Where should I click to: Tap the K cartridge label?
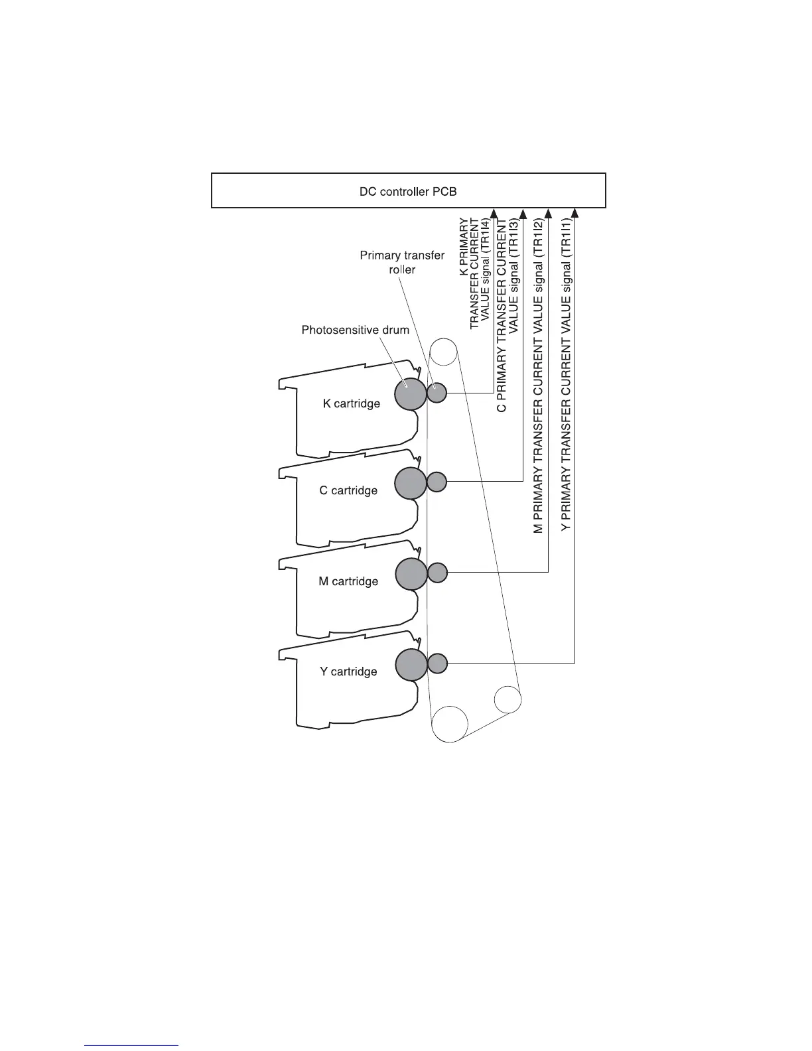coord(351,403)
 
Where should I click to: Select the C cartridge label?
coord(348,491)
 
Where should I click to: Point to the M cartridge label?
coord(348,581)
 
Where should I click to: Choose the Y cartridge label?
coord(348,671)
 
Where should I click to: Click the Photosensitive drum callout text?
coord(355,330)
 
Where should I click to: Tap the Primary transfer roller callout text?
coord(402,262)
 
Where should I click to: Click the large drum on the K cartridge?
coord(411,394)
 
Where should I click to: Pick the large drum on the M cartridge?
coord(411,573)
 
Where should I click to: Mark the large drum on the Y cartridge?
coord(411,664)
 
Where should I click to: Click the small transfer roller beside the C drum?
coord(437,482)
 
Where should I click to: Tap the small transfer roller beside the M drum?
coord(437,572)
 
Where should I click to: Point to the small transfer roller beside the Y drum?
coord(437,663)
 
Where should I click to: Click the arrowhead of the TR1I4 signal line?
coord(494,213)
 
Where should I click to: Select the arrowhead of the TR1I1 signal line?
coord(575,213)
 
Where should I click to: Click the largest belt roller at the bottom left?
coord(450,724)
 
